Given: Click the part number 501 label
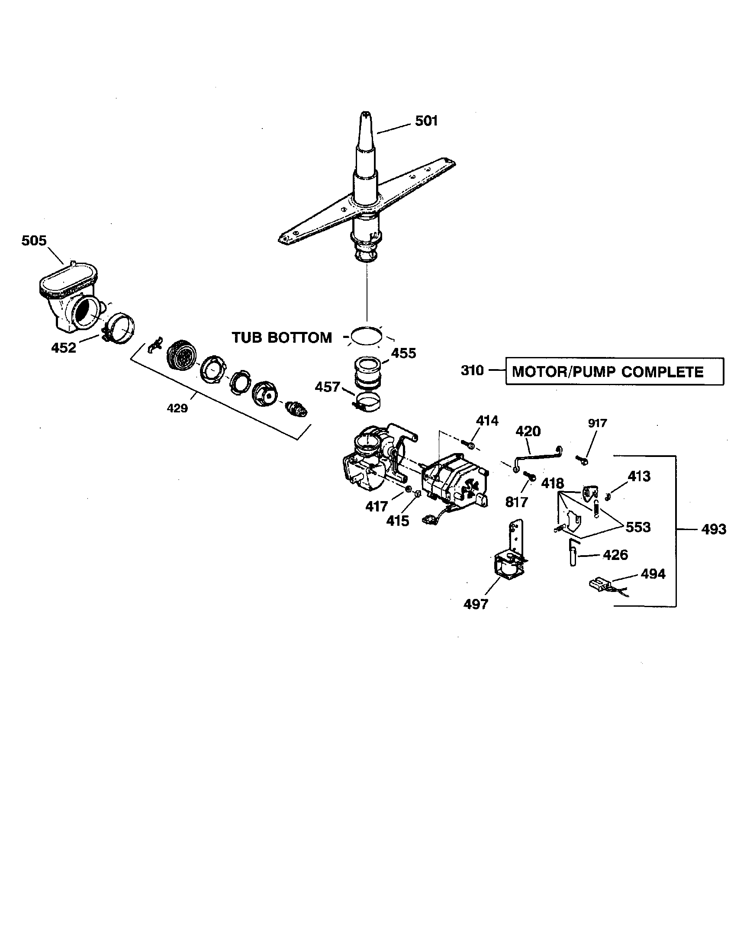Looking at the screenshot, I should (x=426, y=121).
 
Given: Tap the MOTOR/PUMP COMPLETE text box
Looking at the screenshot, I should (x=614, y=371).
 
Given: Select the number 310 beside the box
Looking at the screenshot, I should (x=473, y=370).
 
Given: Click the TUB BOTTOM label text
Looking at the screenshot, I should (x=282, y=338).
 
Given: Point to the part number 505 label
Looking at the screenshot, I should (x=34, y=240).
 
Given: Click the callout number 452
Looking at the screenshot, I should (x=64, y=347).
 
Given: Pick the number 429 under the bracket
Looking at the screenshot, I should (x=177, y=408).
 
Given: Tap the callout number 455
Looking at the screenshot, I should (x=403, y=353).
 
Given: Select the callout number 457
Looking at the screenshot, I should (x=327, y=386).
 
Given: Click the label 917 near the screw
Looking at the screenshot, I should (x=597, y=423).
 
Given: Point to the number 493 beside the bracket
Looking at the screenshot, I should (x=714, y=529).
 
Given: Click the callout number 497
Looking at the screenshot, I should (x=476, y=604).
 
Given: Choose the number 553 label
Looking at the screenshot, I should (x=637, y=527).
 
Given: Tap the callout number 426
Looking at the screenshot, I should (x=615, y=555).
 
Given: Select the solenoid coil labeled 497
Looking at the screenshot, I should (x=508, y=567).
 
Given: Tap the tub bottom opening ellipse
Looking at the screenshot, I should (x=367, y=336).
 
